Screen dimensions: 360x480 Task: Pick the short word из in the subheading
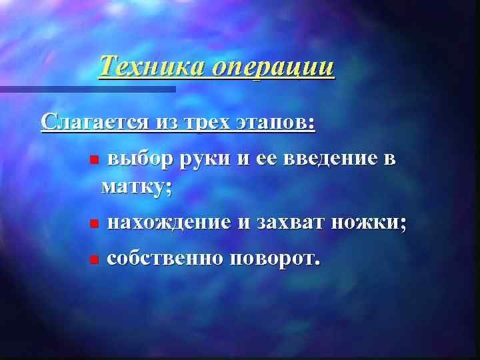167,123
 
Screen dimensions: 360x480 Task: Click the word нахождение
169,223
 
